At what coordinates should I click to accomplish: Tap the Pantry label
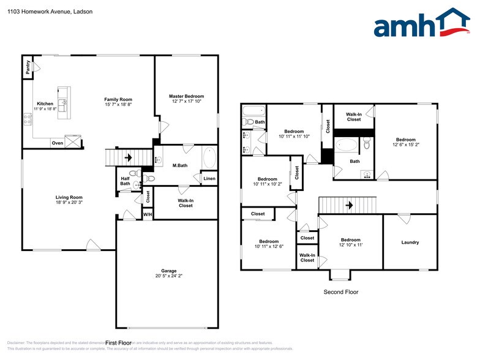[x=28, y=67]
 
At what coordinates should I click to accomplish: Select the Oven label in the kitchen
[x=57, y=143]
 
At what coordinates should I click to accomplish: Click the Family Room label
[x=118, y=99]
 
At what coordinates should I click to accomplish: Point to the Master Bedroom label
[x=186, y=96]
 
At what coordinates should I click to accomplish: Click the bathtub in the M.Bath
[x=209, y=159]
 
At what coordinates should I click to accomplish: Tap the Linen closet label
[x=209, y=179]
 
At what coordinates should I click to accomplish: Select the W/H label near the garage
[x=147, y=214]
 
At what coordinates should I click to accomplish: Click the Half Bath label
[x=125, y=181]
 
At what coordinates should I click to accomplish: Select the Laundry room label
[x=410, y=242]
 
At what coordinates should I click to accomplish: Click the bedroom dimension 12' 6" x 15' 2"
[x=405, y=145]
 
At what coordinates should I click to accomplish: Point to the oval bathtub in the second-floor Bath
[x=347, y=146]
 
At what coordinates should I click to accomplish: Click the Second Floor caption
[x=340, y=292]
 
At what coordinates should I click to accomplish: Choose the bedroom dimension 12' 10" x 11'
[x=350, y=245]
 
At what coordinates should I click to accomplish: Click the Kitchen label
[x=45, y=103]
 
